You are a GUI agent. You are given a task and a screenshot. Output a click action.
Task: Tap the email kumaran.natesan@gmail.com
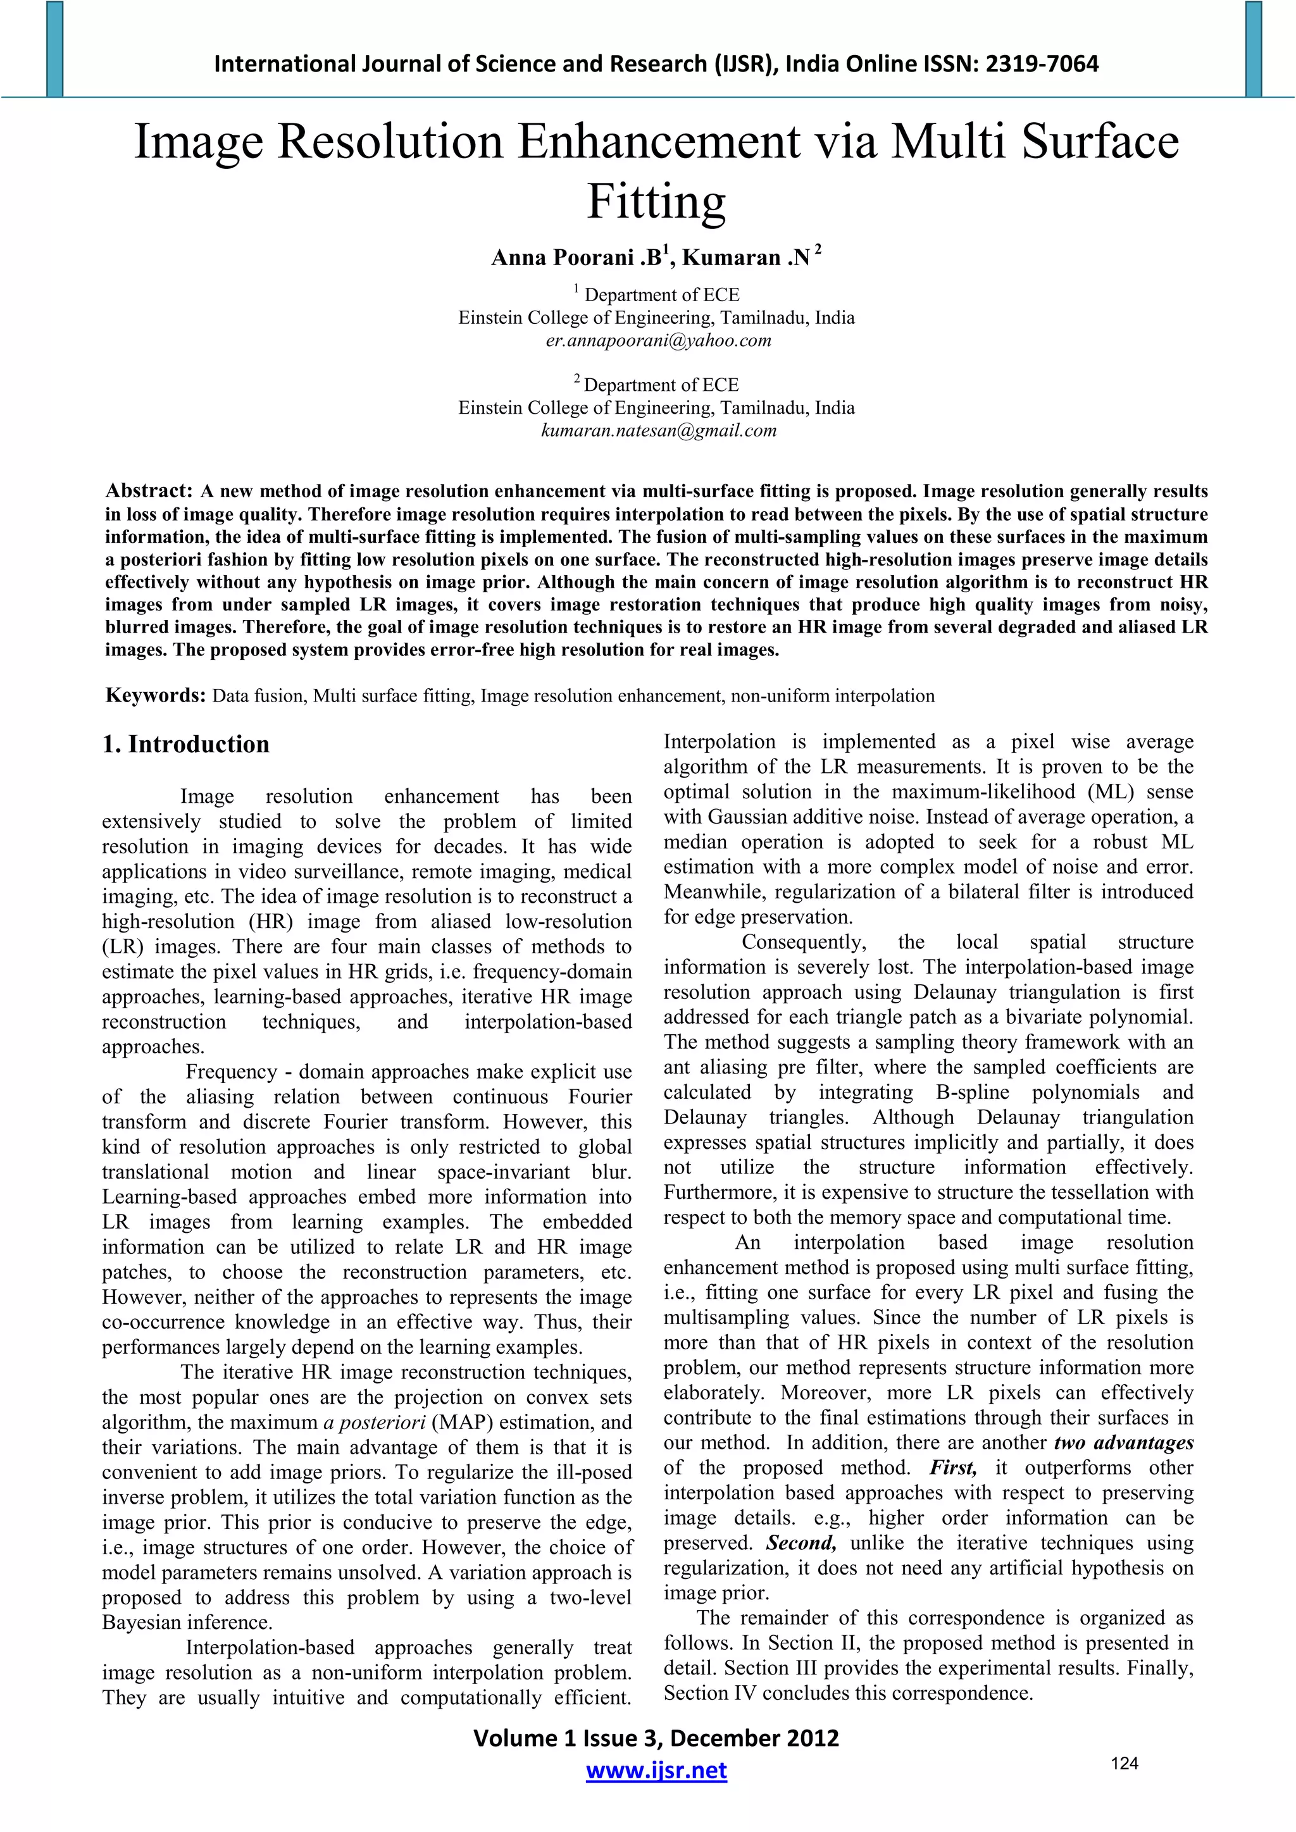click(658, 431)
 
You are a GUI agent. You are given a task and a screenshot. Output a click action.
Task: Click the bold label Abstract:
click(149, 491)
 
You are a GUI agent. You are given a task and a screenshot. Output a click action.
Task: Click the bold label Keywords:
click(156, 696)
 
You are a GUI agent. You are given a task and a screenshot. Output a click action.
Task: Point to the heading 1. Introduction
click(186, 744)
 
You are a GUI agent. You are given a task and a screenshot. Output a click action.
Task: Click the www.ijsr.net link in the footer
click(656, 1771)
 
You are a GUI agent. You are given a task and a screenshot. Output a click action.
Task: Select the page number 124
click(1125, 1764)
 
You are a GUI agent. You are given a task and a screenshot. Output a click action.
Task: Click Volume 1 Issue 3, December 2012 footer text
click(656, 1738)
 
